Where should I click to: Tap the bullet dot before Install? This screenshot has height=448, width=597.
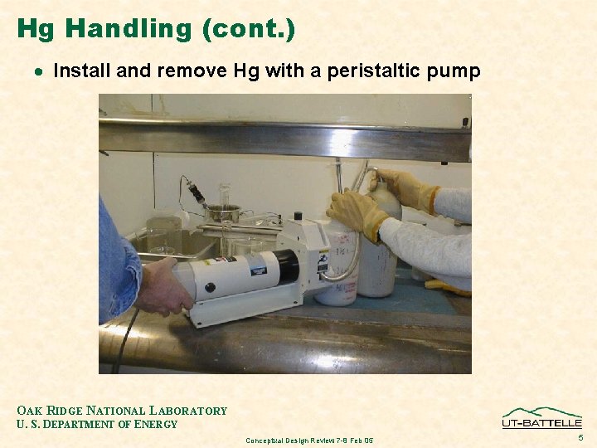pos(38,72)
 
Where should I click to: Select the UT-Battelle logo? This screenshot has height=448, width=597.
pos(541,418)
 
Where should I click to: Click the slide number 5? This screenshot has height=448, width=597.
pos(580,436)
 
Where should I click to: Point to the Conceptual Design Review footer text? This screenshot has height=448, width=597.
pos(309,440)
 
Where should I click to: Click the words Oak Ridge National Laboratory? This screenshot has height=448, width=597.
pos(122,411)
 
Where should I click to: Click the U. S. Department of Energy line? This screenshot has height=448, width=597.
pos(97,425)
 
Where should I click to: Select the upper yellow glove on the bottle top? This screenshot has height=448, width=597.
pos(405,189)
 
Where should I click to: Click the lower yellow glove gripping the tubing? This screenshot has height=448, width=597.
pos(357,214)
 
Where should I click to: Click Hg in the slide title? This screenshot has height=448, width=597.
pos(35,29)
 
